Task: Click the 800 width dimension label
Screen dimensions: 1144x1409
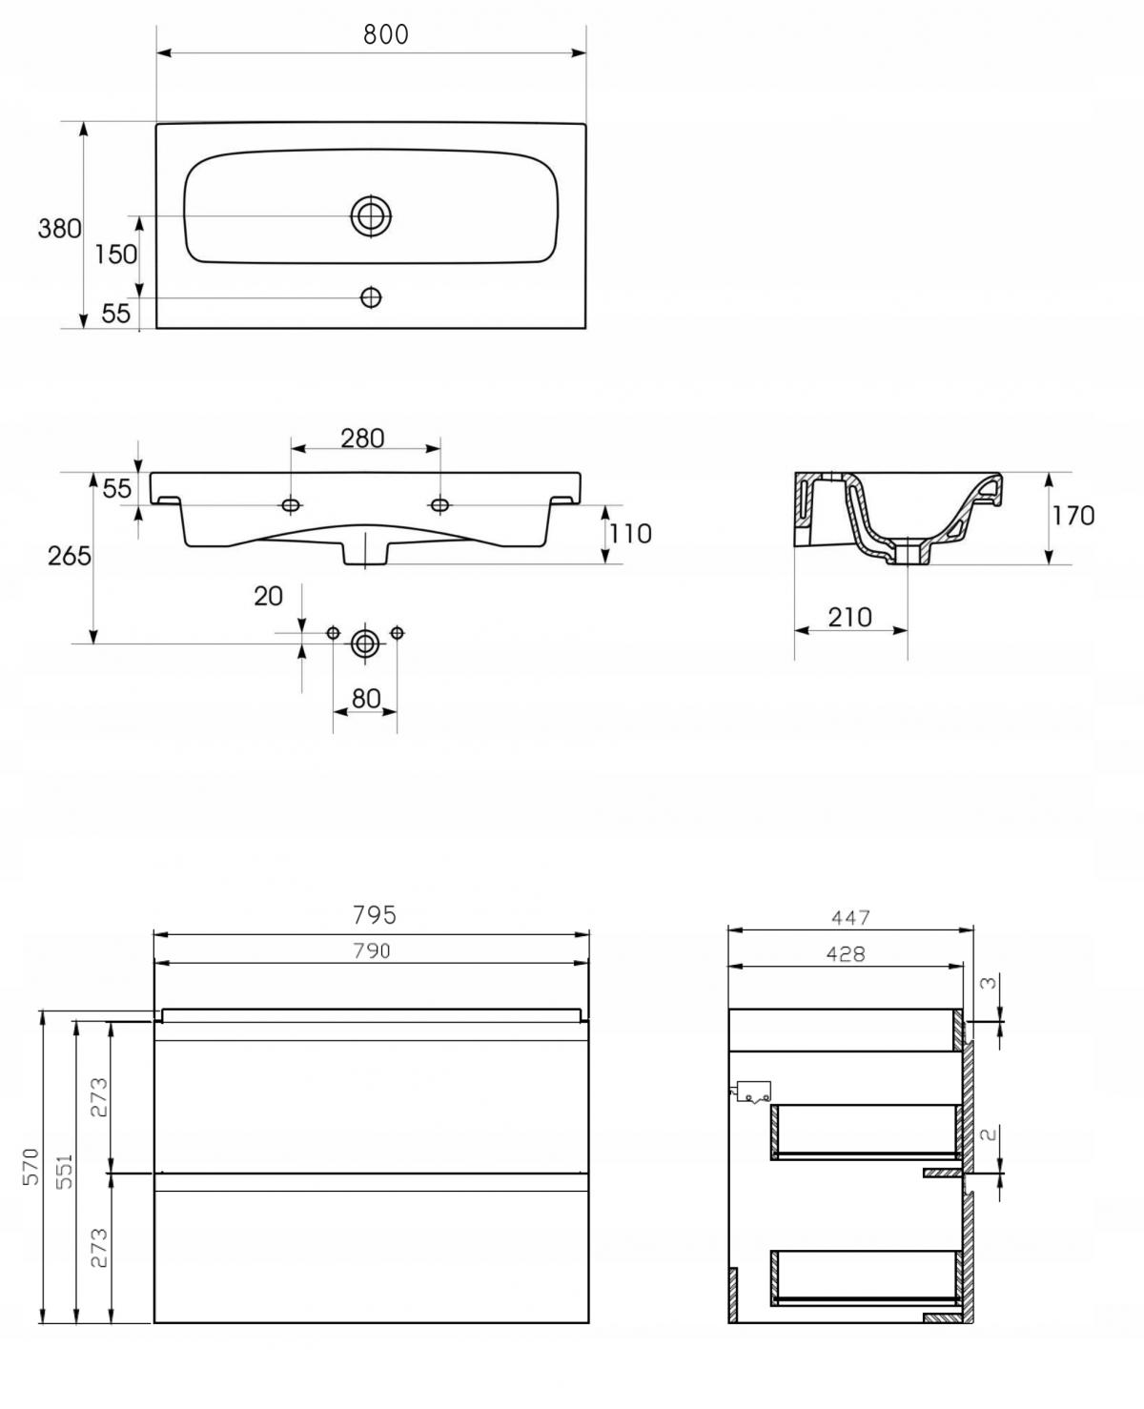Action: [385, 34]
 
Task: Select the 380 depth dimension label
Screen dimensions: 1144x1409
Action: [59, 229]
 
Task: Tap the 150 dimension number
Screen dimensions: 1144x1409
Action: [115, 255]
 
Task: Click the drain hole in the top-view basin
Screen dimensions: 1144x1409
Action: [371, 215]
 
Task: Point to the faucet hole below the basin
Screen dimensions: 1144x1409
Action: [371, 297]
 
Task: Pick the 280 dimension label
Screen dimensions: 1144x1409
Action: [362, 438]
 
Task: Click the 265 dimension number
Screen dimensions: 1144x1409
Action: [70, 556]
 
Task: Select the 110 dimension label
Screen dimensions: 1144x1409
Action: [630, 534]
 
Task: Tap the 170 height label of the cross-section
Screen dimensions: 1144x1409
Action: [1073, 516]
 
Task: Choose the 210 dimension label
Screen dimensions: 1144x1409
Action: [849, 618]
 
